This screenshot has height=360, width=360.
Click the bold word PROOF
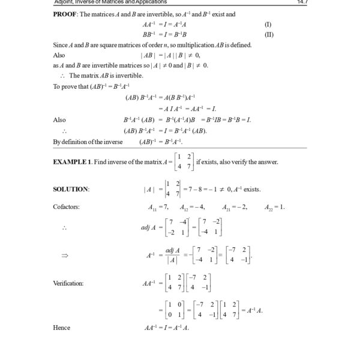pyautogui.click(x=66, y=14)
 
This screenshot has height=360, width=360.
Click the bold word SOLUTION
pyautogui.click(x=71, y=190)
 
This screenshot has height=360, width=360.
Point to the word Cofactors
pyautogui.click(x=66, y=208)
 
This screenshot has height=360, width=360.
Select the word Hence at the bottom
pyautogui.click(x=62, y=328)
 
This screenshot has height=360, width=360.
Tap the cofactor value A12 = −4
pyautogui.click(x=193, y=208)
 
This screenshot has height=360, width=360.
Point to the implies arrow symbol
pyautogui.click(x=65, y=255)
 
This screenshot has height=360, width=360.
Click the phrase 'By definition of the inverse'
pyautogui.click(x=88, y=142)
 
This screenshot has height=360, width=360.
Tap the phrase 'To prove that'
pyautogui.click(x=70, y=86)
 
